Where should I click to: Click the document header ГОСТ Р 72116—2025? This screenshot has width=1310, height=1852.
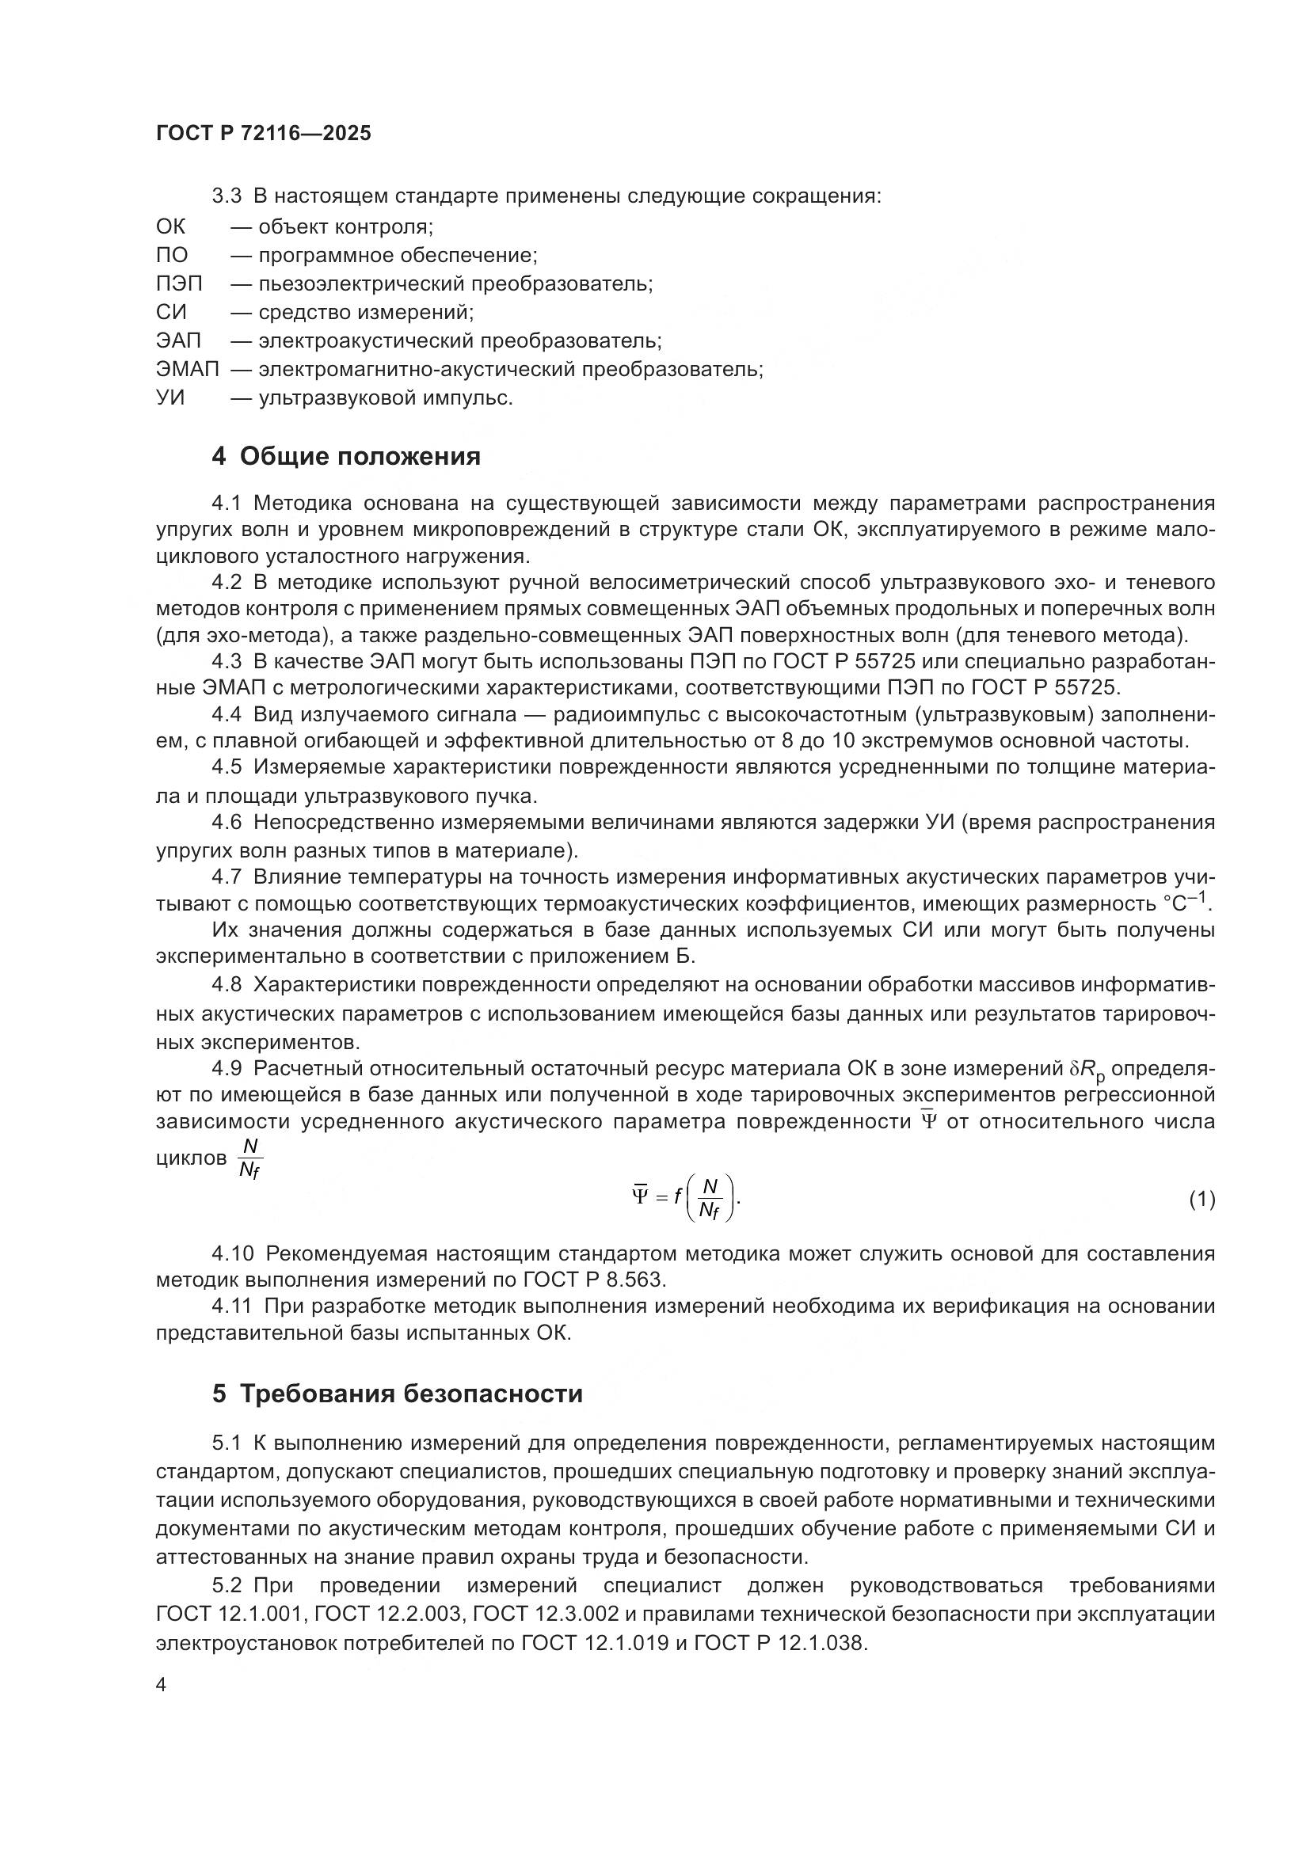(x=263, y=134)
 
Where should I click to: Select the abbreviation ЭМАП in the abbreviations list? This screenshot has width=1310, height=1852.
(x=187, y=370)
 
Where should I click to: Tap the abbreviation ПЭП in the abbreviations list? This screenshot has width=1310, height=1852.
(x=179, y=284)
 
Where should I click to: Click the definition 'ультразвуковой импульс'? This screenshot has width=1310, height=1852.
(x=385, y=397)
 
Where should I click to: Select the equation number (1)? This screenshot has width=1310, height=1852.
(x=1201, y=1200)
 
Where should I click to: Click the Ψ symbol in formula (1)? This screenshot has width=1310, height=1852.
(x=640, y=1196)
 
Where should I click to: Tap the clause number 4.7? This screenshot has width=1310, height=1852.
(x=226, y=877)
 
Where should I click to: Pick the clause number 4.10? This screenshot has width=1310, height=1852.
(x=232, y=1253)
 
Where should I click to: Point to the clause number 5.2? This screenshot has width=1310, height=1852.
(x=227, y=1586)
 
